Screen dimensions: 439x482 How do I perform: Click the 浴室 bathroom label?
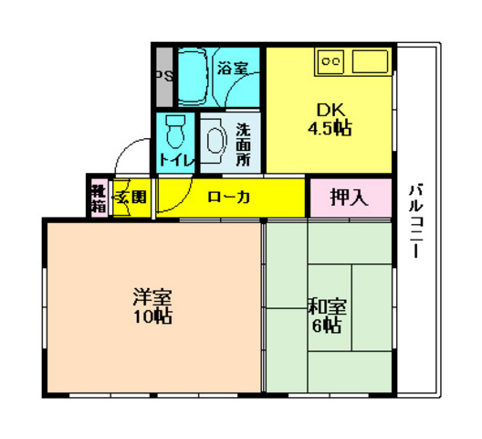(233, 67)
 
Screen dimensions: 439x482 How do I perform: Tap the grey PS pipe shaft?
(163, 77)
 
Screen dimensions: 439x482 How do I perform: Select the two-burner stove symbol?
(330, 62)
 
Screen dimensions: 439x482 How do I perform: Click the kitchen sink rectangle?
(370, 62)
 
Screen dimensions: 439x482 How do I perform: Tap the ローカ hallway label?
(229, 195)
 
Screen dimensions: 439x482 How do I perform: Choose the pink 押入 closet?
(349, 196)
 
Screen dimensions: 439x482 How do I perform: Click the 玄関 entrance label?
(131, 196)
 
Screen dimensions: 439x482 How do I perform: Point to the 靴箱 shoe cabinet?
(98, 196)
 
